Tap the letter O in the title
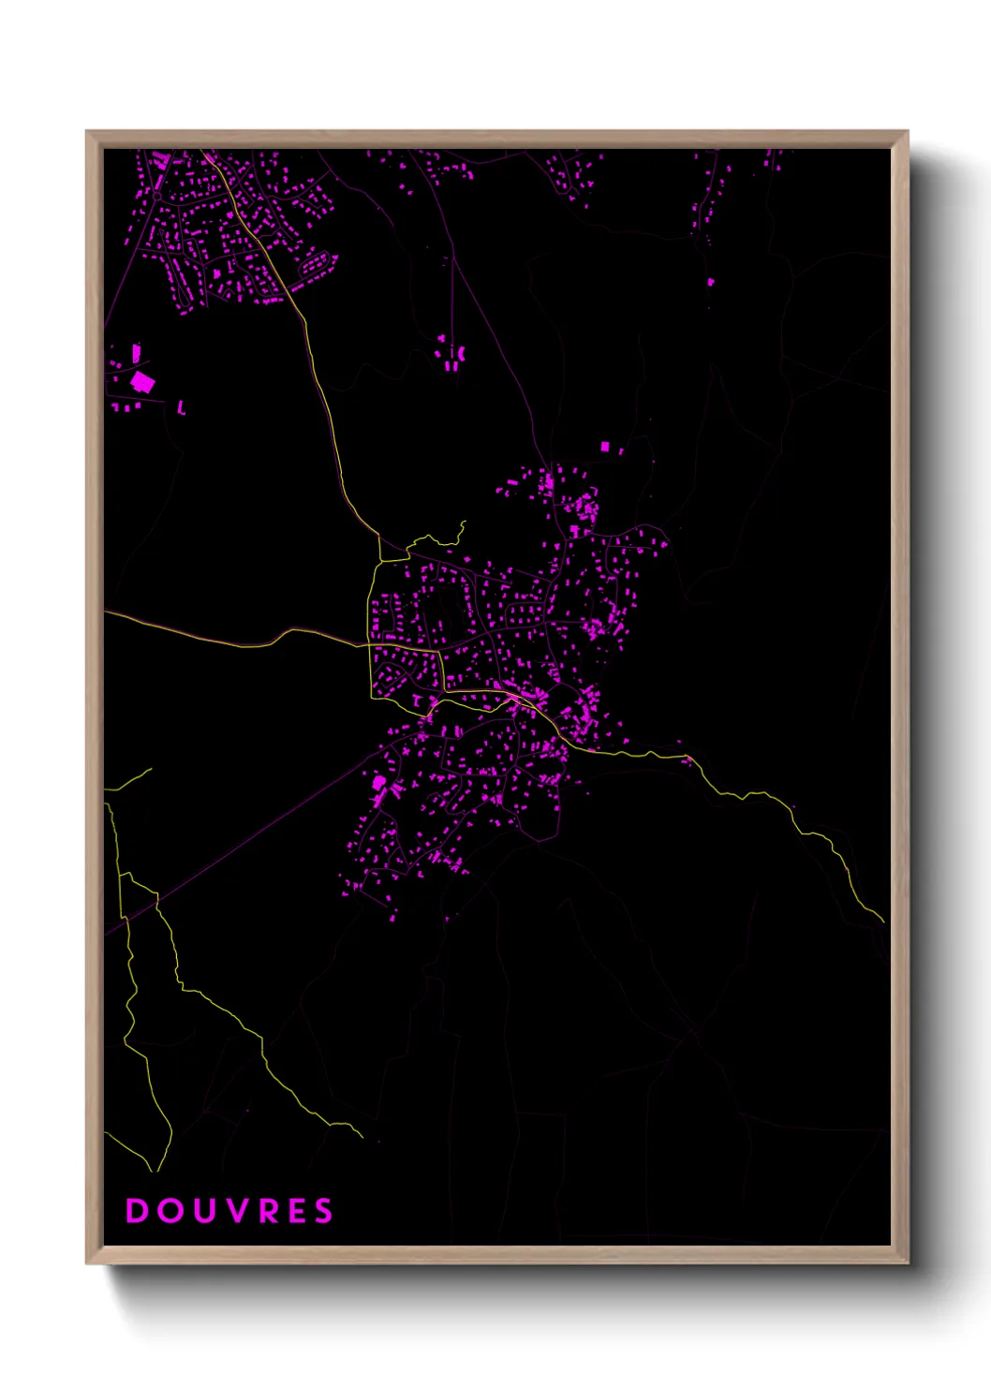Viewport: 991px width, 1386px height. (170, 1211)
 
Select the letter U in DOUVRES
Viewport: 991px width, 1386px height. (203, 1211)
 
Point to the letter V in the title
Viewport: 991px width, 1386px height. (235, 1211)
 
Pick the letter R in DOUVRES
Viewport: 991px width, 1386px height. (266, 1211)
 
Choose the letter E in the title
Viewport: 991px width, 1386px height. (295, 1211)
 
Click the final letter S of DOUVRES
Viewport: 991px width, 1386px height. (323, 1211)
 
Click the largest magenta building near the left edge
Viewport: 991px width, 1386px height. (142, 381)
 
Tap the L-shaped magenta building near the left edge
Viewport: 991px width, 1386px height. (181, 407)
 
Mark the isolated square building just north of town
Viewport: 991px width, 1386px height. (604, 447)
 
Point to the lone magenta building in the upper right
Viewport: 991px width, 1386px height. (710, 281)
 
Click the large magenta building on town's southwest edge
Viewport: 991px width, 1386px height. (379, 782)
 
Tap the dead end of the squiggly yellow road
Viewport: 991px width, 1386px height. (464, 523)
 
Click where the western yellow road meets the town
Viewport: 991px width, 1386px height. (369, 644)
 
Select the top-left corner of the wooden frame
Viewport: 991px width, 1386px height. (87, 132)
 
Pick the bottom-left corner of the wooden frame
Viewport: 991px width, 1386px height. (87, 1263)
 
